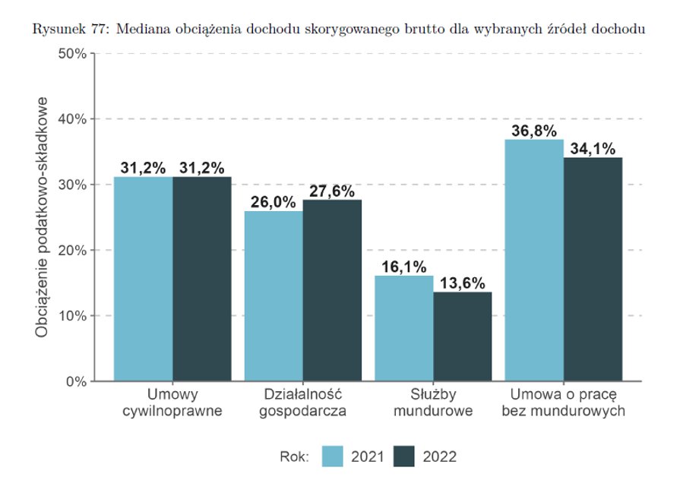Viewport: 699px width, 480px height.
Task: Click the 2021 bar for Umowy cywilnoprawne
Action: (144, 279)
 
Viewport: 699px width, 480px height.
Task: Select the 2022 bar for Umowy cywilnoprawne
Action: (202, 279)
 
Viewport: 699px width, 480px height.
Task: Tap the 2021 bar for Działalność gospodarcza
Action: (274, 296)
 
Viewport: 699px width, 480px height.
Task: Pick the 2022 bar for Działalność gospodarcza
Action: (332, 290)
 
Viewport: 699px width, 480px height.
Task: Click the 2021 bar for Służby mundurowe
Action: (404, 328)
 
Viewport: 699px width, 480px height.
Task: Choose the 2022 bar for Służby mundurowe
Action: (463, 336)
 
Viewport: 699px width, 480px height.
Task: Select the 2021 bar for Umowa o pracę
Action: (534, 261)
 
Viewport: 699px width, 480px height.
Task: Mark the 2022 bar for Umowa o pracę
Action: (593, 270)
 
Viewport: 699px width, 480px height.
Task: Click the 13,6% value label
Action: (463, 283)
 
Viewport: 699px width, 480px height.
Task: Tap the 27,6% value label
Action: (332, 191)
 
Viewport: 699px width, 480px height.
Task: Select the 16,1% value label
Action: (403, 267)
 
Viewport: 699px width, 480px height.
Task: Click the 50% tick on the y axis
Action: (72, 54)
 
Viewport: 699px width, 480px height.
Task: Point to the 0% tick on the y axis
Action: (75, 381)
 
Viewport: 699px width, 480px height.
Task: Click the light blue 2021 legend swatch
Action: (334, 456)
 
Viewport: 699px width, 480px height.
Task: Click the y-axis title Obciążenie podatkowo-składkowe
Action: (43, 217)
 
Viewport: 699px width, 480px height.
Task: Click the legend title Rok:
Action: (294, 456)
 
